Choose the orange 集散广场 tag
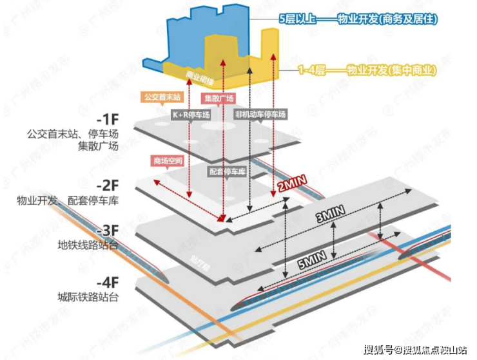(219, 100)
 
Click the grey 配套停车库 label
(228, 173)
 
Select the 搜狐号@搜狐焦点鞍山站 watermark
(414, 350)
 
